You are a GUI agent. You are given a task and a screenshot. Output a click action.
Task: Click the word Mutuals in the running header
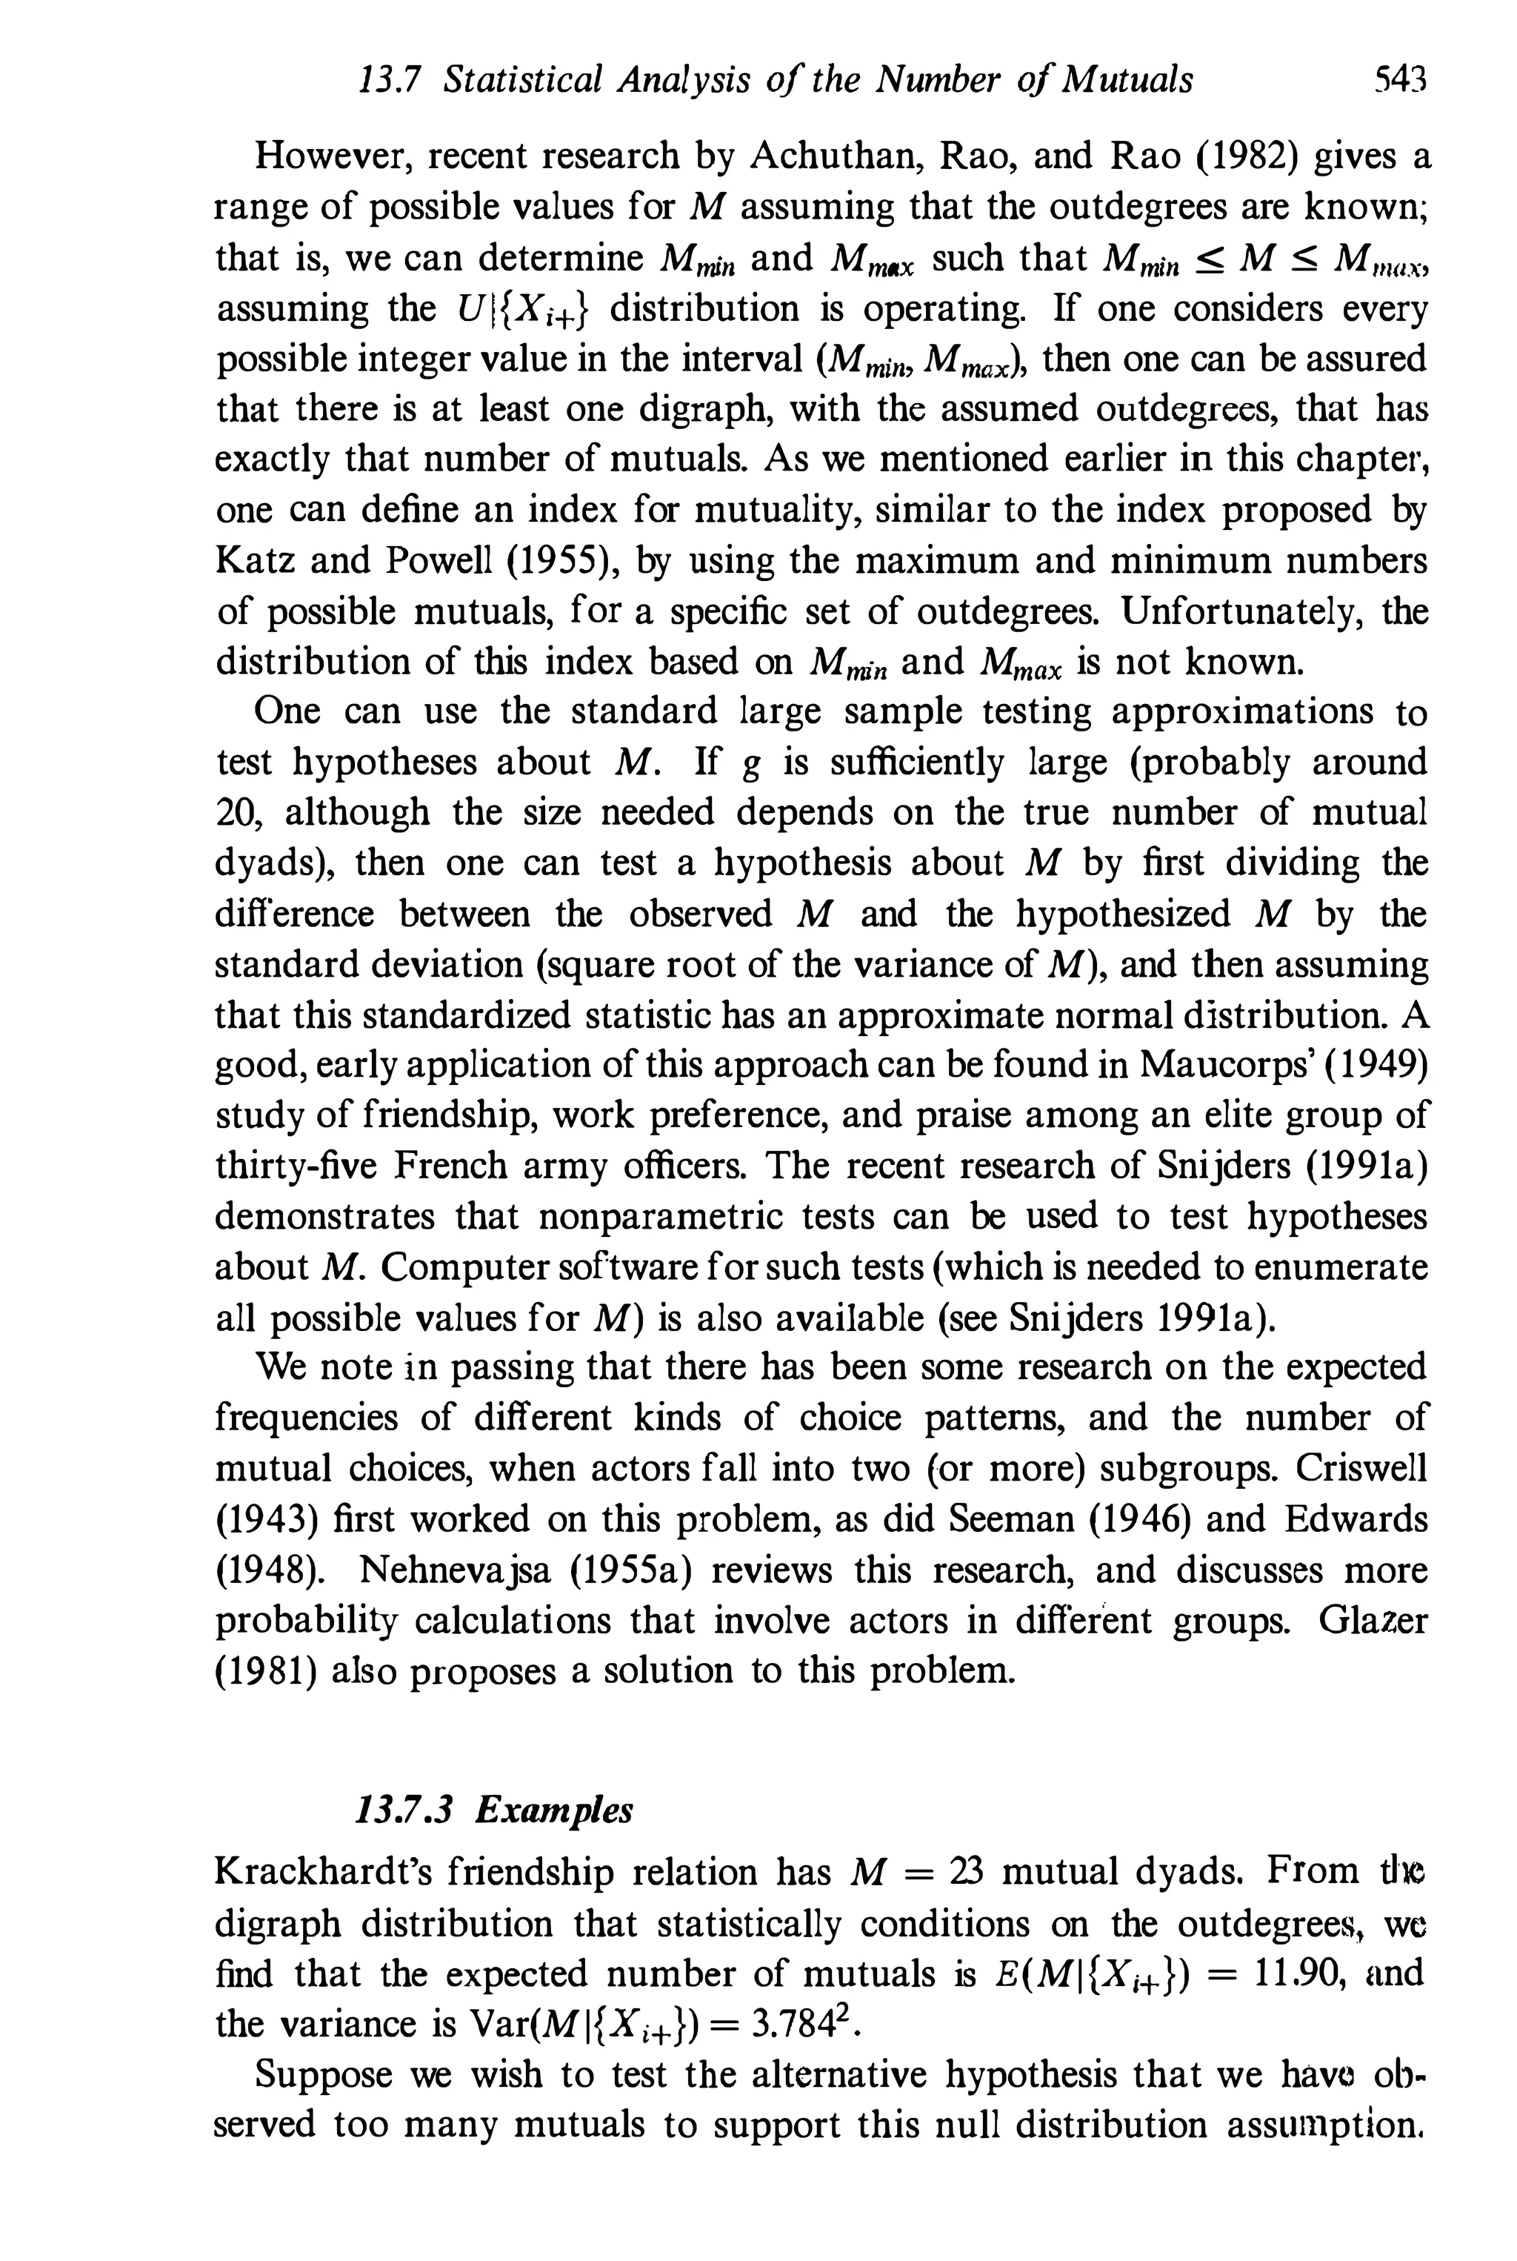click(1127, 79)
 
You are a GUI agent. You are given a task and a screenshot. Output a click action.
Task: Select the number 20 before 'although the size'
click(233, 812)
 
